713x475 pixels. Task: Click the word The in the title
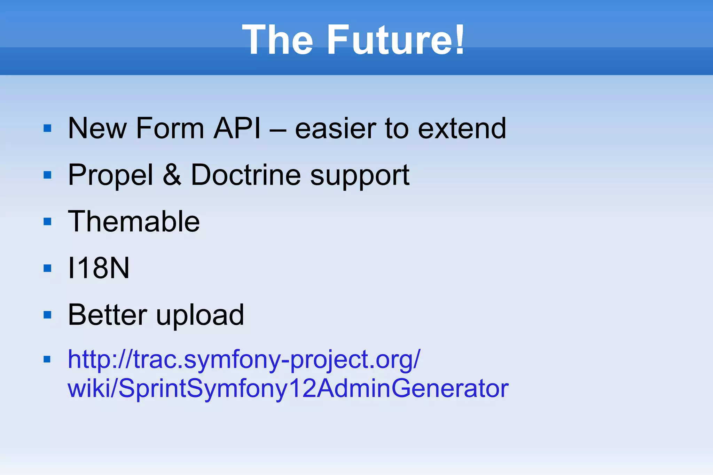point(277,40)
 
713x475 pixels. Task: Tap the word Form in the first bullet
point(170,128)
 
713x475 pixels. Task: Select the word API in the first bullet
point(237,128)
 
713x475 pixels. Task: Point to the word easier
point(335,128)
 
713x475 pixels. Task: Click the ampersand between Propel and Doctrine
point(172,175)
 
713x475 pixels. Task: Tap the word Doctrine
point(246,175)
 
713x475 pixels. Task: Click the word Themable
point(134,221)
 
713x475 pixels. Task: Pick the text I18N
point(99,268)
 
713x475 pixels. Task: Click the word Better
point(107,315)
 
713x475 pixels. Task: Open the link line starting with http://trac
point(244,360)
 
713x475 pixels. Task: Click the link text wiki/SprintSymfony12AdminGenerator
point(288,388)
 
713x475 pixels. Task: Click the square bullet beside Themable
point(47,222)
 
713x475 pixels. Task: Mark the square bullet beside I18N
point(47,268)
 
